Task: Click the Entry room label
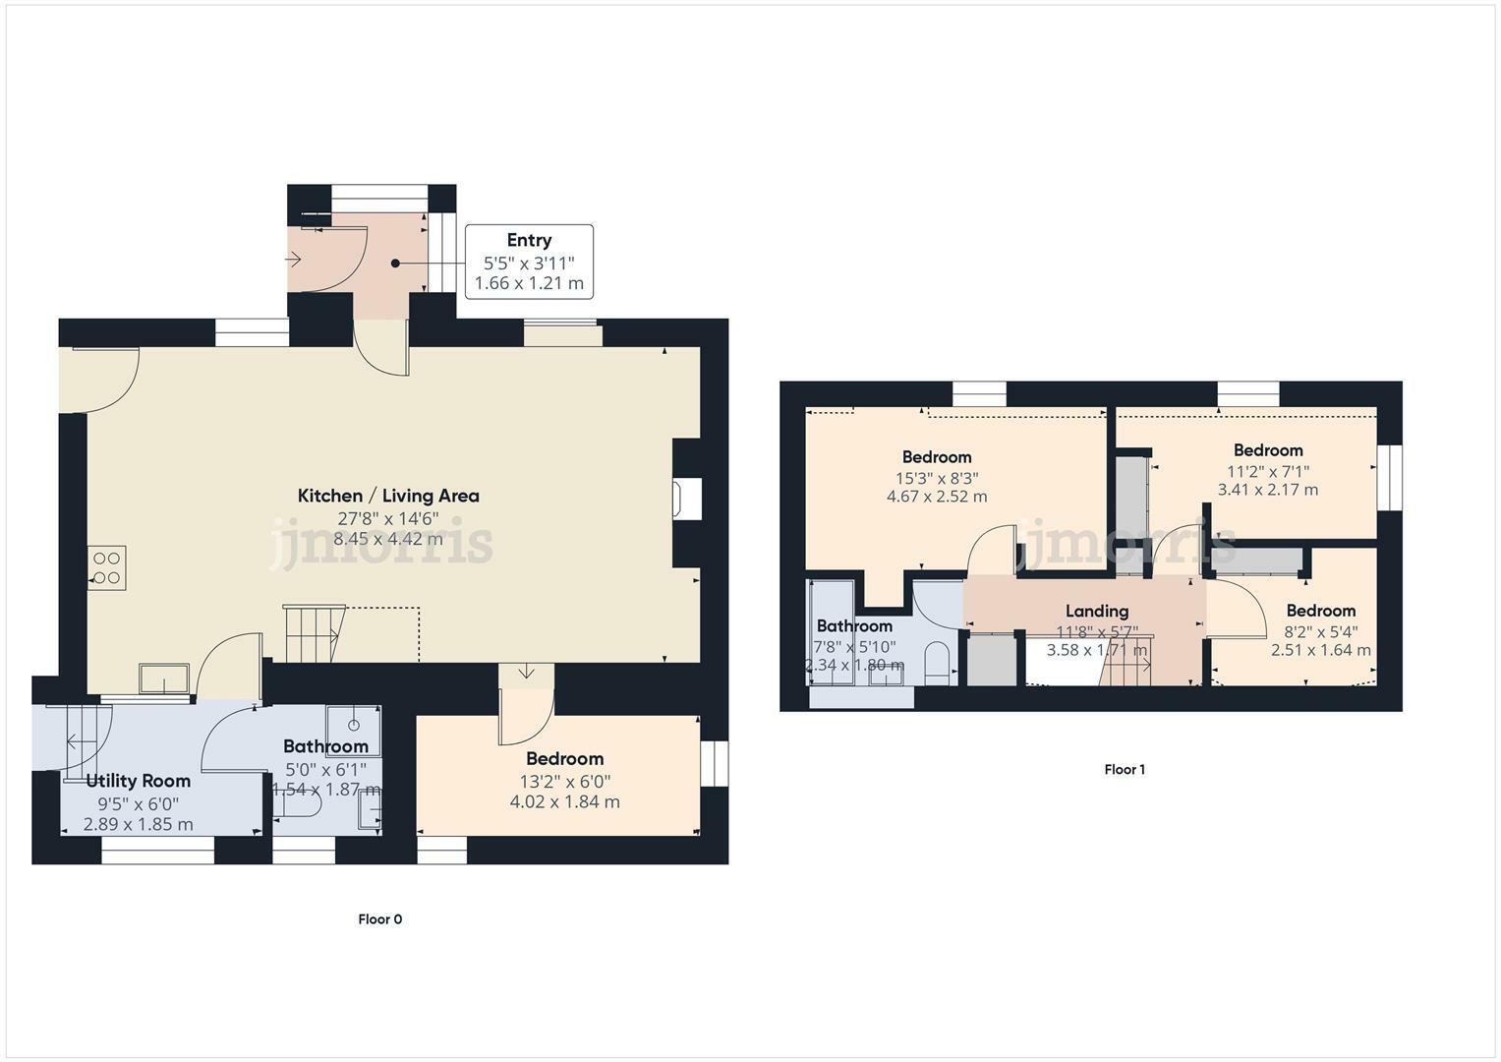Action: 529,240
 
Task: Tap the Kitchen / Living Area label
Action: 388,496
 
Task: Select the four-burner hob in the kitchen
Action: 106,567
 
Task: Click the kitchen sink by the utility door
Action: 164,678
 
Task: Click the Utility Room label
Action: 138,781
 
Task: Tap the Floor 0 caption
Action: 379,919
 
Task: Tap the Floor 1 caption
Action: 1125,770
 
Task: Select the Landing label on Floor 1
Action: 1096,611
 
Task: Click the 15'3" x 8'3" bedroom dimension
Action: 937,478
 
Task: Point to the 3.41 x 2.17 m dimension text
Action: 1267,490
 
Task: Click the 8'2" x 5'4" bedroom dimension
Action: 1320,630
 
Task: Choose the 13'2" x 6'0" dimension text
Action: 564,781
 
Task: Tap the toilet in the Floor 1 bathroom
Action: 939,662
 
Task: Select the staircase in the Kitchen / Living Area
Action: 312,634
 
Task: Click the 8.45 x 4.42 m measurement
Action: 388,539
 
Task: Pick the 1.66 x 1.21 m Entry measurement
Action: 529,283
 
